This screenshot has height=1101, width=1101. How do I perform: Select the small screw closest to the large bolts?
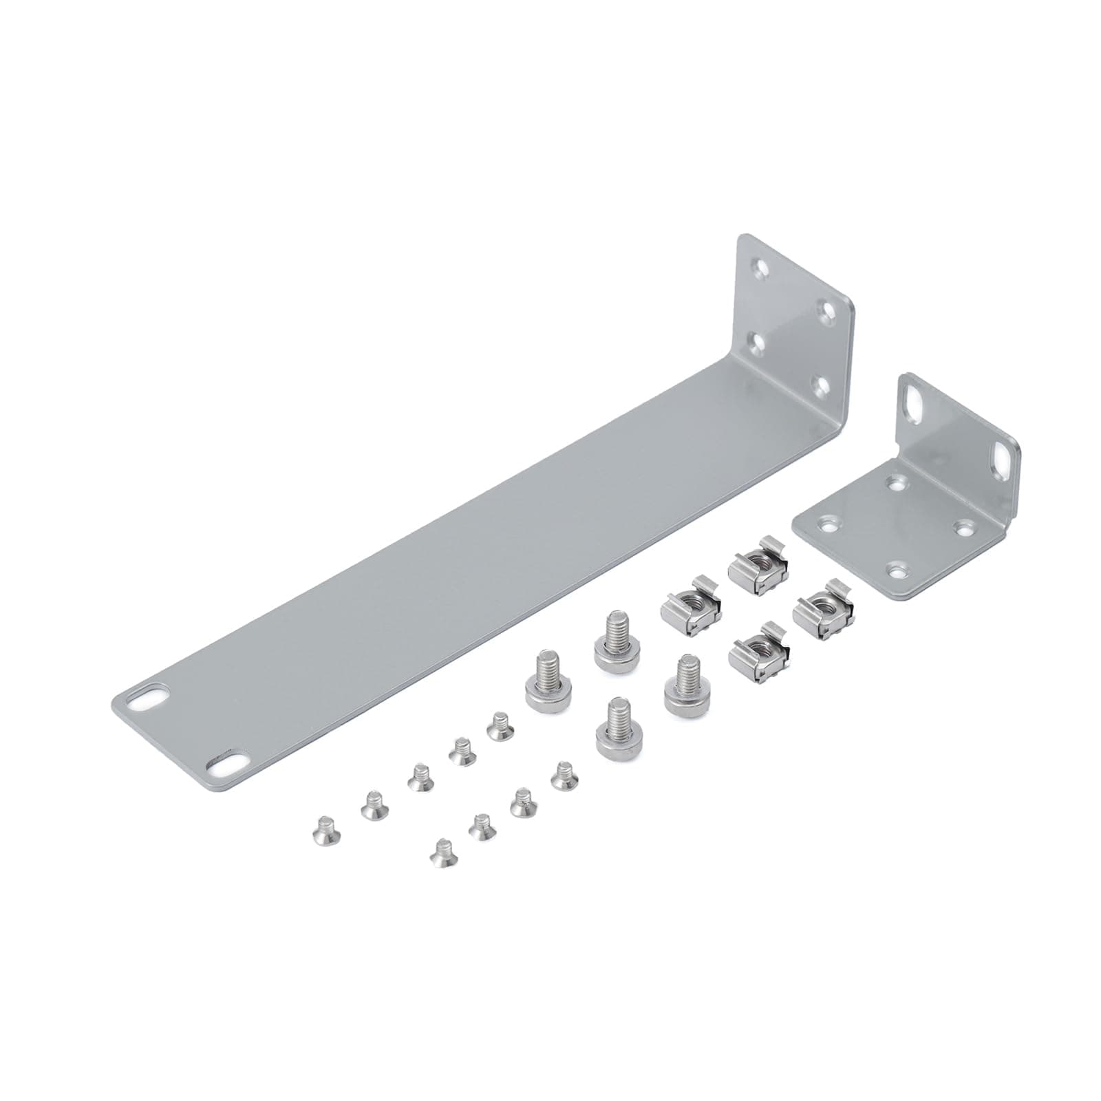point(498,727)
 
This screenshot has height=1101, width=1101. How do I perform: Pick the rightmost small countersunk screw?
point(564,775)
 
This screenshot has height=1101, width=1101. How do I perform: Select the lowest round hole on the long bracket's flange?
point(819,387)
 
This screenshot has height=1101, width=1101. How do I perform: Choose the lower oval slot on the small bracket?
point(998,456)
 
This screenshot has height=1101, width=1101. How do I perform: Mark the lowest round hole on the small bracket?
point(896,570)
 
